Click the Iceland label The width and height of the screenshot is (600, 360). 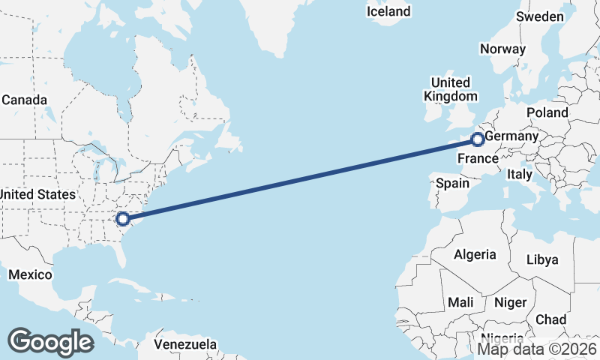[x=388, y=11]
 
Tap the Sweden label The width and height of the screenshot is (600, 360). [x=540, y=17]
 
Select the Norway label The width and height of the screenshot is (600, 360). [x=502, y=49]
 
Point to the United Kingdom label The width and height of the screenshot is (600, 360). [x=450, y=89]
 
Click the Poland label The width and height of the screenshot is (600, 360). [x=547, y=112]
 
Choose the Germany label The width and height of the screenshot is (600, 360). [x=511, y=137]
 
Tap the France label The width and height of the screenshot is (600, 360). [x=478, y=159]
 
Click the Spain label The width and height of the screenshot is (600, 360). [x=452, y=183]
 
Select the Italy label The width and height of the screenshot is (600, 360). [x=520, y=174]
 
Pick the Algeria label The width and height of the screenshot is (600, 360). [x=475, y=254]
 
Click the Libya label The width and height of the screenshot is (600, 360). [x=543, y=259]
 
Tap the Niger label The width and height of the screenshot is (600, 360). [x=510, y=302]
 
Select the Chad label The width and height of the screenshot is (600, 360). [x=551, y=319]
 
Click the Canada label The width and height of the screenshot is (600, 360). [x=24, y=100]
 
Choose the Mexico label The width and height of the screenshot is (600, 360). [x=29, y=274]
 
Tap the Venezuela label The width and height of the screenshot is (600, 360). [x=186, y=345]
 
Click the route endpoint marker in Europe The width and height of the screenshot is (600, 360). [x=478, y=139]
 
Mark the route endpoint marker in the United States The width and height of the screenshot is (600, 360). [x=122, y=218]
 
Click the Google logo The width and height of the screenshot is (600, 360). [x=50, y=342]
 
